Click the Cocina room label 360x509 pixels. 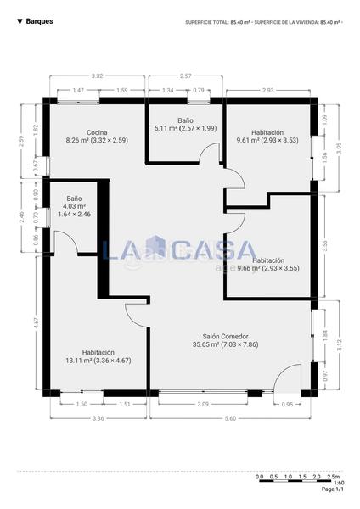(96, 132)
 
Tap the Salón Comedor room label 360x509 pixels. (225, 335)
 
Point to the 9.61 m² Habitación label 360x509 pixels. (267, 132)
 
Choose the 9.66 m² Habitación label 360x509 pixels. (268, 260)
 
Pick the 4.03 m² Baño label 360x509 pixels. (75, 199)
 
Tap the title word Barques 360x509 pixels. (39, 21)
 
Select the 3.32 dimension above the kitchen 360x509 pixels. (97, 76)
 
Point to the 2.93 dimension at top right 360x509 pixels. (267, 89)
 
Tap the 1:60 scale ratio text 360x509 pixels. (339, 483)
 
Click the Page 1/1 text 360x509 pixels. (333, 489)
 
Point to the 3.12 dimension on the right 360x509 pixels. (339, 344)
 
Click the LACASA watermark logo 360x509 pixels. (179, 250)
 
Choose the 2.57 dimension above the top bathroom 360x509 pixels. (185, 76)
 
